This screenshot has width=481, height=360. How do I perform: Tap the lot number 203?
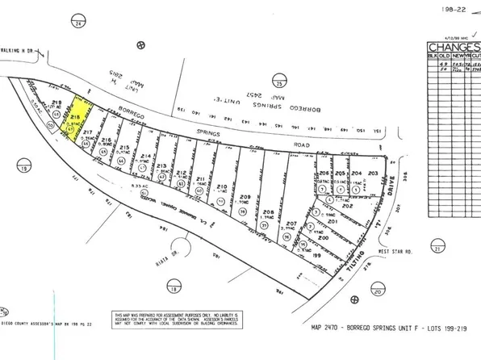coord(372,174)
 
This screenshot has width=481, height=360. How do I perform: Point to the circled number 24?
coord(79,24)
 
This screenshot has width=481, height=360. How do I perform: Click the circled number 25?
coord(278,82)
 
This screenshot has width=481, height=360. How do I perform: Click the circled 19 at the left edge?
coord(27,168)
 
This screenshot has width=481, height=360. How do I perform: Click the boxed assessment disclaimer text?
coord(177,319)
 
